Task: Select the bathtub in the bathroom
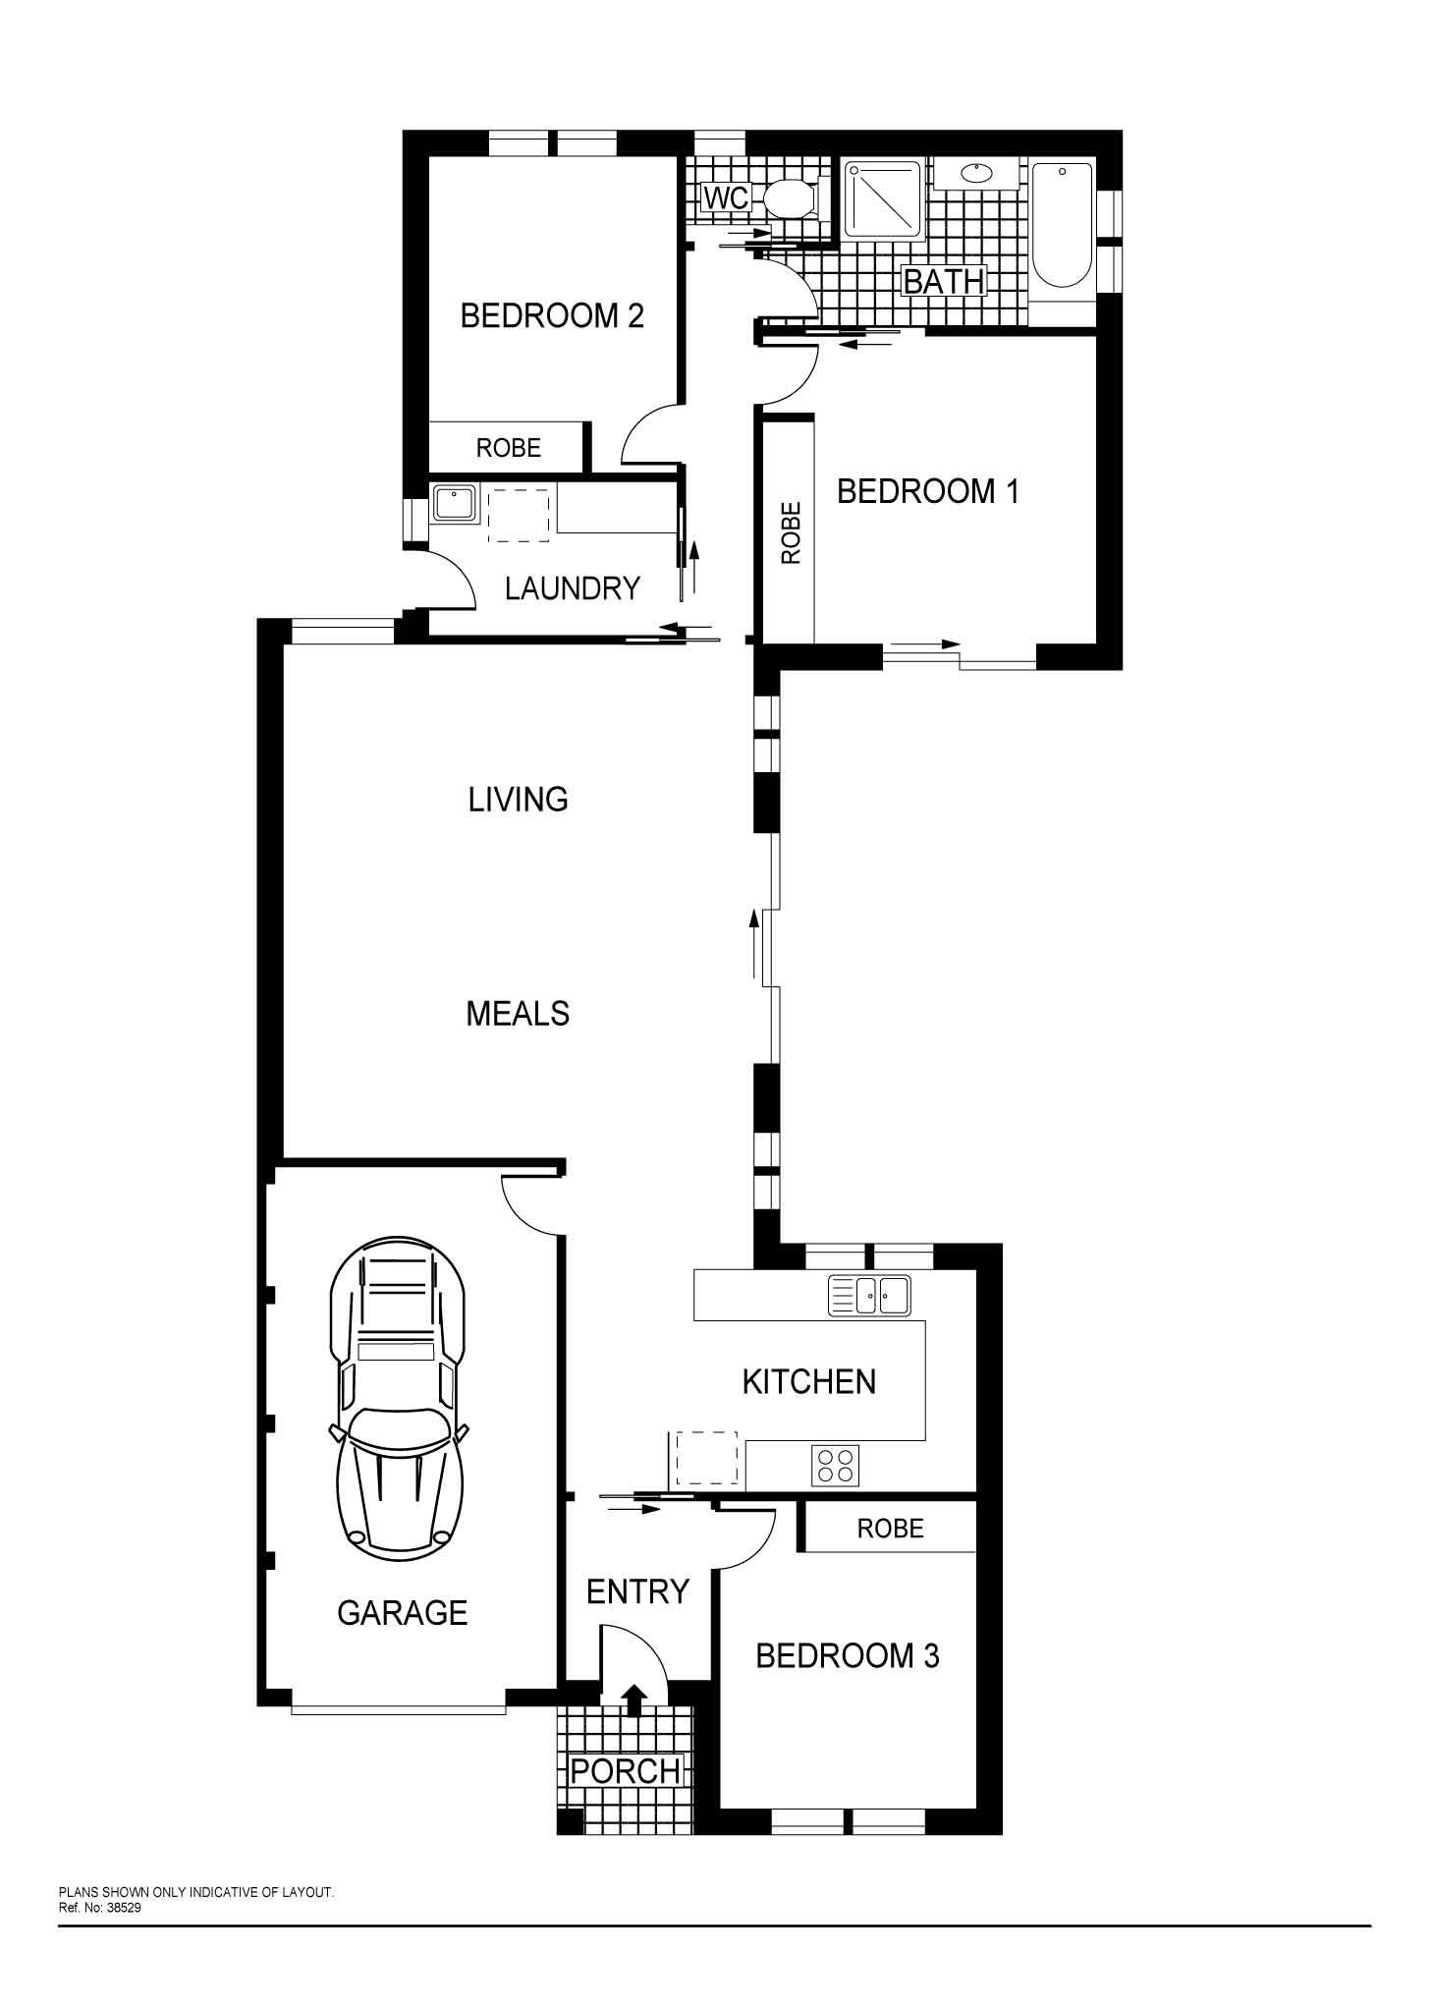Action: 1062,225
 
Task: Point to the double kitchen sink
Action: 870,1295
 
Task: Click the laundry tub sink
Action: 455,505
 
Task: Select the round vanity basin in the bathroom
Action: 976,174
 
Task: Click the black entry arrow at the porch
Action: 634,1700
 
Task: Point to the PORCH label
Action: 626,1771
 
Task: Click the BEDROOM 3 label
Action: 848,1656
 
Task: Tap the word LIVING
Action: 518,800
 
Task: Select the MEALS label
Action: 518,1014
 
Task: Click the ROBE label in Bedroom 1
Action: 791,533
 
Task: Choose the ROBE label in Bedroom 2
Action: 509,448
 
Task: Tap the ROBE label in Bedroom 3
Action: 891,1529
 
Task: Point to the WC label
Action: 727,198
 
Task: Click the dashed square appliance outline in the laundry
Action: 521,516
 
